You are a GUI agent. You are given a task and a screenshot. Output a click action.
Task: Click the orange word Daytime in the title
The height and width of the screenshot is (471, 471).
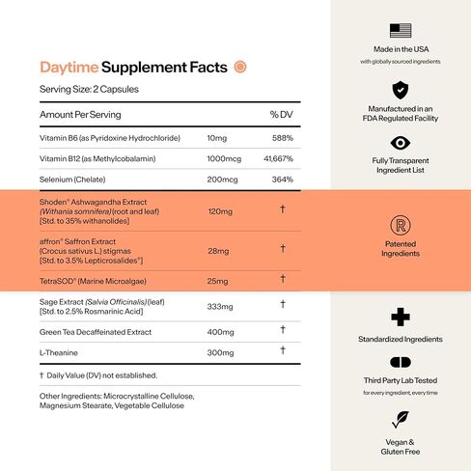(69, 68)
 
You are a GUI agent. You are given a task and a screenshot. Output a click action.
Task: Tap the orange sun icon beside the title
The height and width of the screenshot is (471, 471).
(240, 67)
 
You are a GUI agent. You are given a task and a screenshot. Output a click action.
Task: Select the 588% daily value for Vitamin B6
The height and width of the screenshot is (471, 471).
(283, 138)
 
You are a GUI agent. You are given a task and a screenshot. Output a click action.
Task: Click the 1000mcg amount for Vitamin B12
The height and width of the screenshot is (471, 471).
(224, 158)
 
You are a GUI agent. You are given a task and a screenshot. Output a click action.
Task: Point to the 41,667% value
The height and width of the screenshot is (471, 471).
(278, 158)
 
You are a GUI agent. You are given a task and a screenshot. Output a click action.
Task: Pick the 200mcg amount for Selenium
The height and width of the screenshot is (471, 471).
(222, 180)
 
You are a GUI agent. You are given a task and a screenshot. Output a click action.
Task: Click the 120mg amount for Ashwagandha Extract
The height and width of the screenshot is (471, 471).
(220, 211)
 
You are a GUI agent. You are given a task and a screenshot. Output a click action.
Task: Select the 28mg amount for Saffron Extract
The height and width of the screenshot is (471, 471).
(218, 251)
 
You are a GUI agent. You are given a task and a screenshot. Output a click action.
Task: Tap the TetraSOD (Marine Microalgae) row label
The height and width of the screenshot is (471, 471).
(93, 281)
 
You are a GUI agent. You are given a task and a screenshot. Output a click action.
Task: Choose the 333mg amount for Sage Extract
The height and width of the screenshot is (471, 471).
(220, 307)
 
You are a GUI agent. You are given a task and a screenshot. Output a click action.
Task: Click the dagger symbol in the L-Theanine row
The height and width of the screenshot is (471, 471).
(283, 350)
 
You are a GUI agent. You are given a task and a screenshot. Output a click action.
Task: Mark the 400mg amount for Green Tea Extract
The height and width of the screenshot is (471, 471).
(220, 332)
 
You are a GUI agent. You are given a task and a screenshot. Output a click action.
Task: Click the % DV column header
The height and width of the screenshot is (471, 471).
(282, 115)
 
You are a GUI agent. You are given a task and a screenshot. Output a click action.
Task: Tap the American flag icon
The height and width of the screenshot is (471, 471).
(401, 31)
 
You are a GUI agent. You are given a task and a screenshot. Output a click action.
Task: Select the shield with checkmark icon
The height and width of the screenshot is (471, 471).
(401, 90)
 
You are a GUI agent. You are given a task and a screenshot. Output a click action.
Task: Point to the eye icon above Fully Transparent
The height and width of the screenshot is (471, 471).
(401, 143)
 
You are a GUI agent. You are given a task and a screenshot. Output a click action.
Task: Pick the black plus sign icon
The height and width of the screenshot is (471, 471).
(401, 317)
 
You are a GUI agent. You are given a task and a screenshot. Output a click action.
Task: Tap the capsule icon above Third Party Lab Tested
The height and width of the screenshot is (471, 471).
(401, 362)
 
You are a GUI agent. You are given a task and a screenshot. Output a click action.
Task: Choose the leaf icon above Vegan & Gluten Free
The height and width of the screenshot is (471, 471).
(401, 419)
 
